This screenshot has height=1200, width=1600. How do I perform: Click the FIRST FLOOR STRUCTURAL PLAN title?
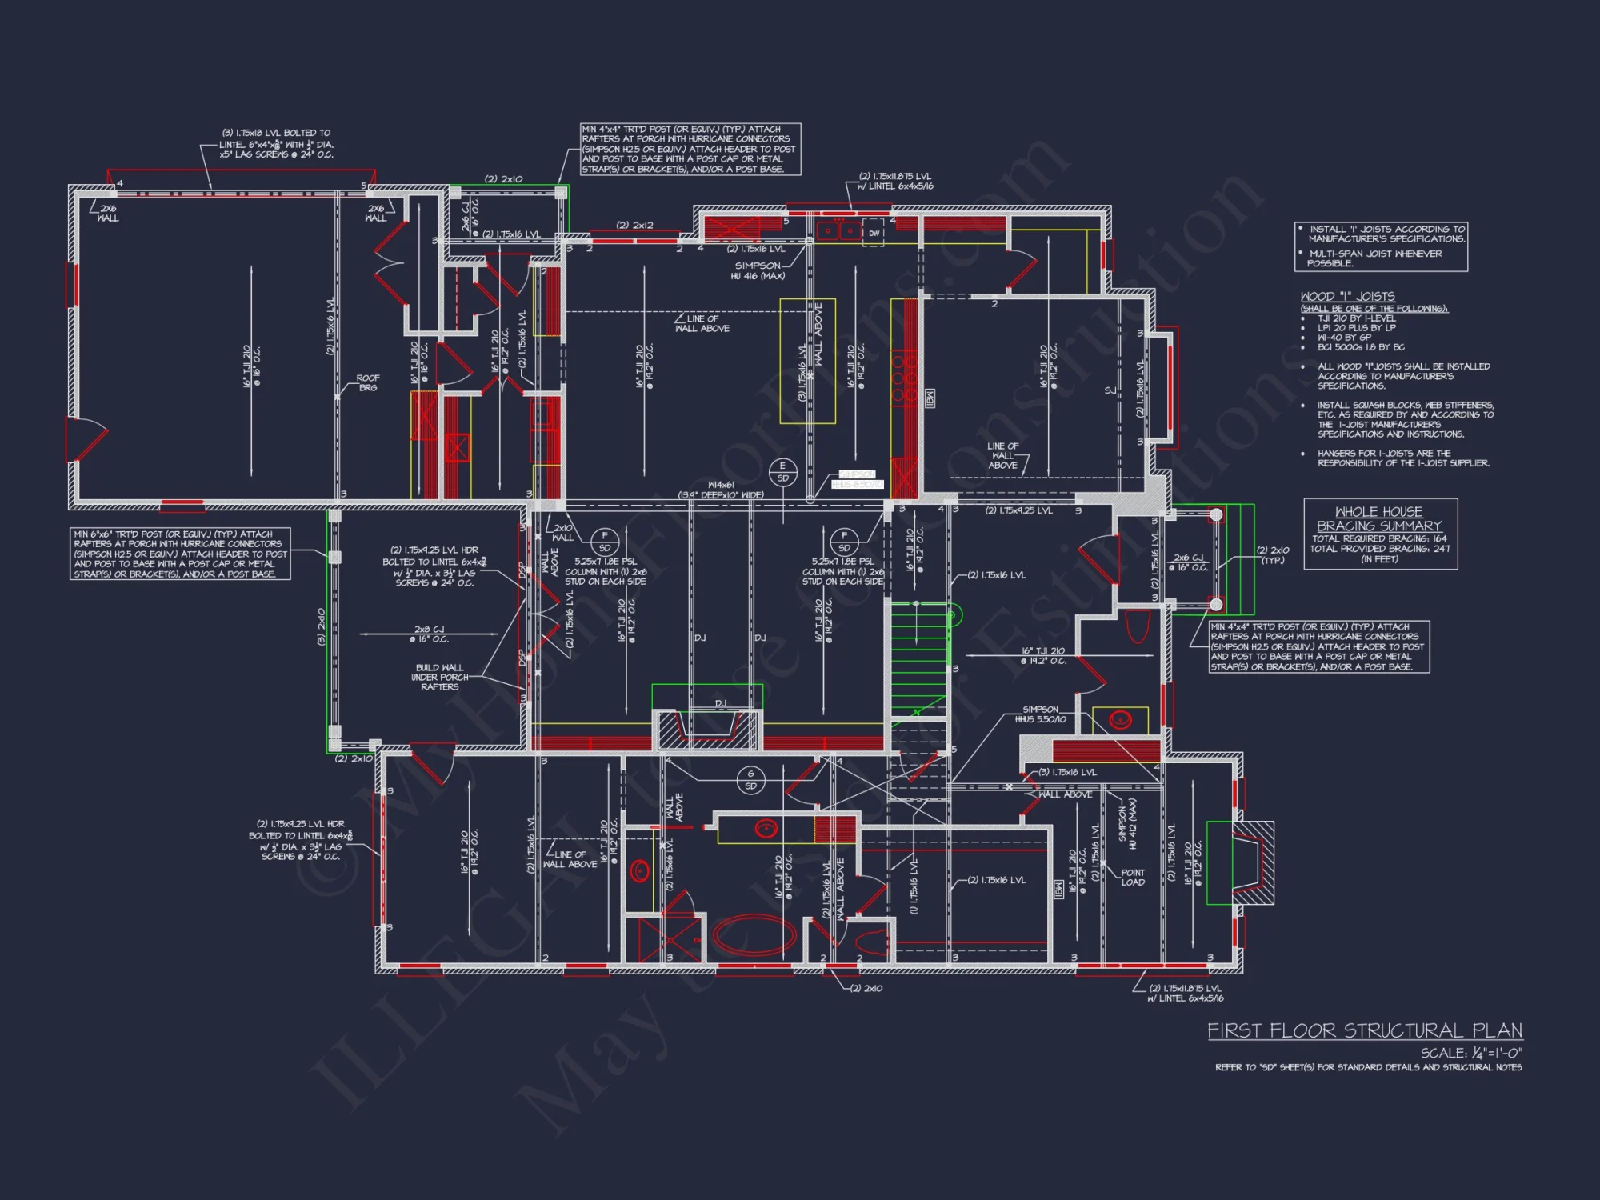click(x=1364, y=1030)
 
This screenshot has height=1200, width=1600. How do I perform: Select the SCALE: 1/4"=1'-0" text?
click(x=1471, y=1053)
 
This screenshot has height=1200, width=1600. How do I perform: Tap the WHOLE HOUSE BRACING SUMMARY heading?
click(x=1379, y=518)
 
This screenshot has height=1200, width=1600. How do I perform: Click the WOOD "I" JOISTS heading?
click(x=1347, y=297)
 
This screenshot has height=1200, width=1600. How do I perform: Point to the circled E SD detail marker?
click(x=782, y=472)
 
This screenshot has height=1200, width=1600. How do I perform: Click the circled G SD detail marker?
click(x=750, y=779)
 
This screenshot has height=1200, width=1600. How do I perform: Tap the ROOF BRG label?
click(x=368, y=382)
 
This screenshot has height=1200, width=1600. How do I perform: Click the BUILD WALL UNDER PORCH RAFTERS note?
click(x=439, y=677)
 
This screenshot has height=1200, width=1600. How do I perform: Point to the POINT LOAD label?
click(x=1132, y=878)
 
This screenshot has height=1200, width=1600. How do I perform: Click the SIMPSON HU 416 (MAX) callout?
click(x=758, y=270)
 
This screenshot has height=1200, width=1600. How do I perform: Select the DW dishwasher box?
click(x=874, y=233)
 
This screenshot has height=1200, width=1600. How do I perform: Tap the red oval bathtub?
click(x=754, y=935)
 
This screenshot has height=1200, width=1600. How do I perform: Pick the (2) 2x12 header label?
click(x=634, y=226)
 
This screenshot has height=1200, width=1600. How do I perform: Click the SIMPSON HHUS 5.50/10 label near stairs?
click(x=1040, y=714)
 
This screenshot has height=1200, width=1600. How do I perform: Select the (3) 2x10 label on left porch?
click(x=322, y=627)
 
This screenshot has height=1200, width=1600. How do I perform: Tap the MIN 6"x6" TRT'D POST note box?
click(x=181, y=554)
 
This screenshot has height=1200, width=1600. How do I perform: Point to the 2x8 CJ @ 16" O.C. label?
click(x=430, y=634)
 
